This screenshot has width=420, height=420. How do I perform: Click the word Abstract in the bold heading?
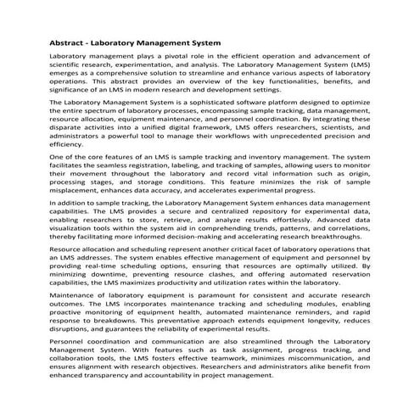coord(62,42)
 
